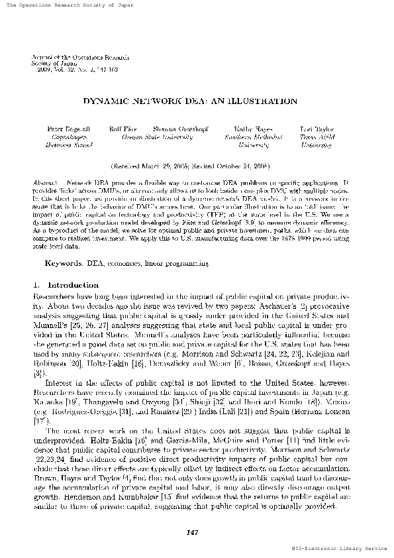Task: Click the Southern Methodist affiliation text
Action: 254,135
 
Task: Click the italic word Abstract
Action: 44,181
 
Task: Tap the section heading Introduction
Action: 55,266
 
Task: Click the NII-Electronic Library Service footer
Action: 339,549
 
